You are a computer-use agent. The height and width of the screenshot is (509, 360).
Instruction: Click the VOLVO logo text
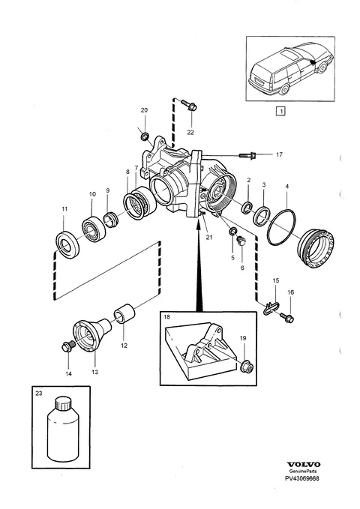[304, 465]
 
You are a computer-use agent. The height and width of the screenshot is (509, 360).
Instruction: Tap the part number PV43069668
[302, 478]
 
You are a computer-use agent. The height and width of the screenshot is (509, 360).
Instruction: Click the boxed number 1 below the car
[280, 111]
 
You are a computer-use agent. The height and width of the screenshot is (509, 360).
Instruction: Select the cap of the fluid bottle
[62, 403]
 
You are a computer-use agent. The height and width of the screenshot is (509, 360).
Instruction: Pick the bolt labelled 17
[248, 155]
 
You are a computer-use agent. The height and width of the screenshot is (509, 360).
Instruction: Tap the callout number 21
[209, 238]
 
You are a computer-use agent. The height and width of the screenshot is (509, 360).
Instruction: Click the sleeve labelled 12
[124, 314]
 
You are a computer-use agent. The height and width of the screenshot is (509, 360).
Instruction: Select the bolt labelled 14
[67, 346]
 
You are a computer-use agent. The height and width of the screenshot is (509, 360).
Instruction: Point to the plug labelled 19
[246, 366]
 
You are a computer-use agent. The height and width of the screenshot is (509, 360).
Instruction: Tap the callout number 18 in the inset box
[166, 316]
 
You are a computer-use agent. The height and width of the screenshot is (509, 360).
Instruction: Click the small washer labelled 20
[145, 136]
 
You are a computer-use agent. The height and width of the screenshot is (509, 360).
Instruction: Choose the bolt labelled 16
[287, 317]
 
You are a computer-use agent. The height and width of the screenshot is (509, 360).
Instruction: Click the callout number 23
[39, 393]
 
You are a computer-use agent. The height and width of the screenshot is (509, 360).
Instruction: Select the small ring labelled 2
[247, 208]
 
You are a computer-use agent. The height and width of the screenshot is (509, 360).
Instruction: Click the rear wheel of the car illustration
[285, 89]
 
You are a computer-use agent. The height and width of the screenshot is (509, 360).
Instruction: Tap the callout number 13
[94, 372]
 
